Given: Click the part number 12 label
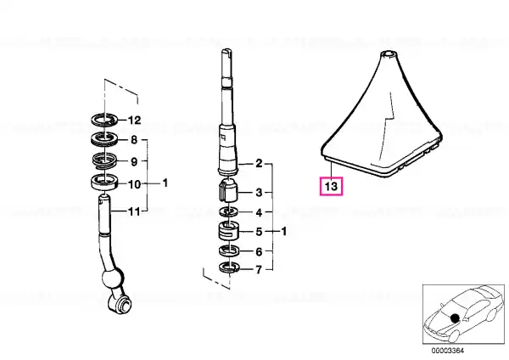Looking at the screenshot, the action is tap(134, 121).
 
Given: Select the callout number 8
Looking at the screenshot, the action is tap(134, 140).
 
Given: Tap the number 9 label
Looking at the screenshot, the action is tap(134, 161).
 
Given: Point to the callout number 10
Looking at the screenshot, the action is tap(134, 184).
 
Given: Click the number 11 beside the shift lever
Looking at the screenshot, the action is tap(134, 212).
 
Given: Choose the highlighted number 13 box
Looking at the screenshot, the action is tap(331, 186).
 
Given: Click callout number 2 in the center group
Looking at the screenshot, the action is tap(259, 163).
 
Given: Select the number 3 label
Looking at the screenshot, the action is tap(259, 193).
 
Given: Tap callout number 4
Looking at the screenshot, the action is tap(259, 212).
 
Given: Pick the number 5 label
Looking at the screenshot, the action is tap(259, 232).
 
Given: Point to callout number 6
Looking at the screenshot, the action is tap(259, 251).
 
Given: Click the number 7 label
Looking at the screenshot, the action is tap(259, 270).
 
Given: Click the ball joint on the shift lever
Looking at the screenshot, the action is tap(113, 277).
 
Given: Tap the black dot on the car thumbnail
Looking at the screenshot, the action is tap(455, 318).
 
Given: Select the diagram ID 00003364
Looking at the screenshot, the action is tap(448, 351).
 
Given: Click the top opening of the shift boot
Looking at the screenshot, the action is tap(389, 53).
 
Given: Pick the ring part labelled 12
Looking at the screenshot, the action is tap(103, 120).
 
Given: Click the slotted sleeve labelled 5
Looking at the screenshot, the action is tap(228, 231).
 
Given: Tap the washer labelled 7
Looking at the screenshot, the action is tap(229, 267).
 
